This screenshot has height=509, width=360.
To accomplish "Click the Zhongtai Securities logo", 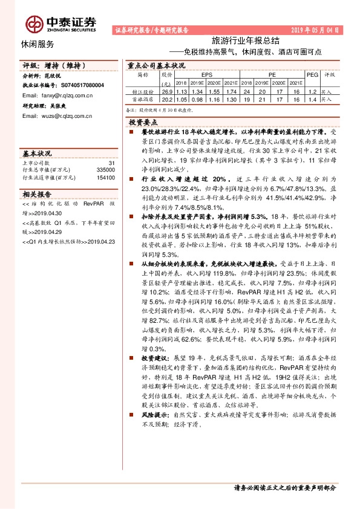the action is click(x=61, y=23).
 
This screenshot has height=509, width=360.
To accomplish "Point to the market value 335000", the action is click(x=104, y=170).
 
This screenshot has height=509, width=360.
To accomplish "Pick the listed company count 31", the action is click(x=111, y=163).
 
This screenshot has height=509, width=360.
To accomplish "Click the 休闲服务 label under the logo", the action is click(x=37, y=44).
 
